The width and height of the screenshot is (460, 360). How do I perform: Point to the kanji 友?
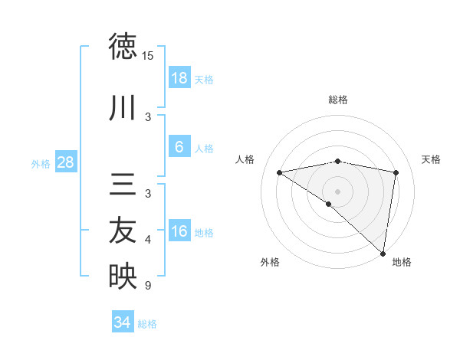123,230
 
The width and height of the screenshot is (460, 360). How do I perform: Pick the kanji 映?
123,277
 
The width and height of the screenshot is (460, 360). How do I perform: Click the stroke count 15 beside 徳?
148,56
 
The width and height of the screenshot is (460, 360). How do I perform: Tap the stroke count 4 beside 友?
148,240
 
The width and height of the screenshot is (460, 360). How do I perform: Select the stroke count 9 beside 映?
148,286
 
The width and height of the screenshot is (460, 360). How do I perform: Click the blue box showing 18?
179,79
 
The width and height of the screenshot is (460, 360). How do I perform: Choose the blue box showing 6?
179,148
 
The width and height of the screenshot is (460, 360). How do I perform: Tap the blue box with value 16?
179,232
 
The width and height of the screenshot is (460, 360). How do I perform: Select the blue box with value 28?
65,163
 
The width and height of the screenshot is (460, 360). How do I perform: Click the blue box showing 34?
123,323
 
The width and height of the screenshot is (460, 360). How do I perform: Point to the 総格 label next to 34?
148,324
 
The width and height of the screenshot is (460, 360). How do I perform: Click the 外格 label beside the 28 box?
41,164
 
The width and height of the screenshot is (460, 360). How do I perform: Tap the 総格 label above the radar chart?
338,100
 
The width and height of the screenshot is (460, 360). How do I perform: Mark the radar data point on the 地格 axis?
383,253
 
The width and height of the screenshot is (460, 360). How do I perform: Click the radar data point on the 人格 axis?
280,172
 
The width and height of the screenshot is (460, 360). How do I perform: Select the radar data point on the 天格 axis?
396,172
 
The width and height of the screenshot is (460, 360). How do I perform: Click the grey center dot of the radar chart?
338,191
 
